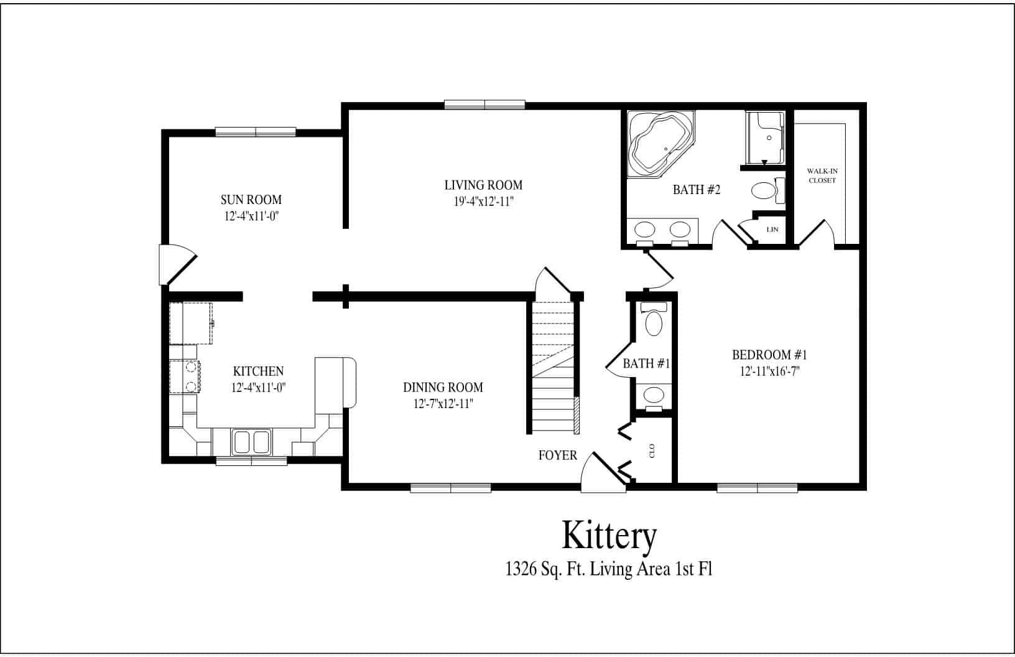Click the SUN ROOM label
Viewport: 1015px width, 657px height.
[251, 200]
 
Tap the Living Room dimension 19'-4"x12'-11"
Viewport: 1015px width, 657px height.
[483, 202]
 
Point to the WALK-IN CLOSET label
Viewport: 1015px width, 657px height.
[822, 175]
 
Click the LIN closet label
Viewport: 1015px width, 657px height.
[772, 230]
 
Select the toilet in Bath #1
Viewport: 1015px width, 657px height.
[653, 321]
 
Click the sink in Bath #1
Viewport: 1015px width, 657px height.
[653, 394]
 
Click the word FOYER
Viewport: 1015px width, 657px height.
[557, 455]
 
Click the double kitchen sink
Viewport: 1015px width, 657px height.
[251, 442]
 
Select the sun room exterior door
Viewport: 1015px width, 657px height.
[177, 264]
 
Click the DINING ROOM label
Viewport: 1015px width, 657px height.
[443, 388]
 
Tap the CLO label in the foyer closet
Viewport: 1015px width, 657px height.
[652, 450]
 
